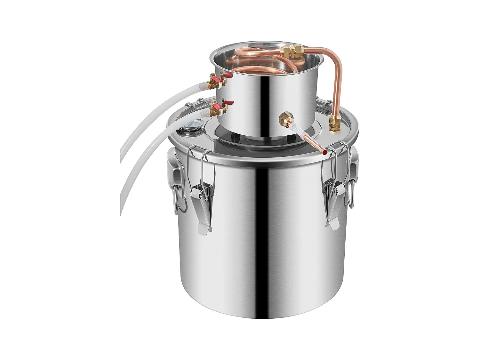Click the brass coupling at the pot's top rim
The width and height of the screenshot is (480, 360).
click(x=292, y=50)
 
